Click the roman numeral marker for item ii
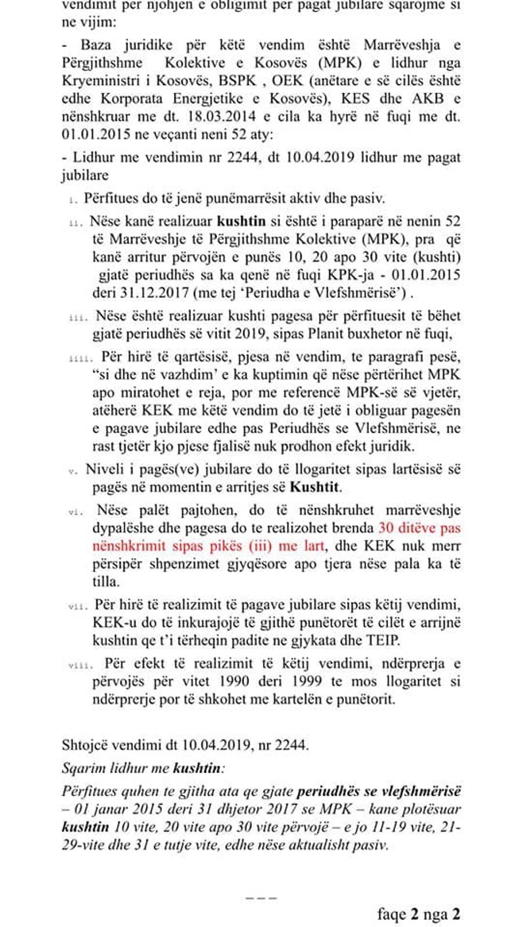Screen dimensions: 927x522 pos(76,222)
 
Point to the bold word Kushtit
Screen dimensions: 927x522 pos(315,487)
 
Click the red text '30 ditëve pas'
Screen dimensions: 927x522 pos(419,528)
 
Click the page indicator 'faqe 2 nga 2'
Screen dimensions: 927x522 pos(418,914)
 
